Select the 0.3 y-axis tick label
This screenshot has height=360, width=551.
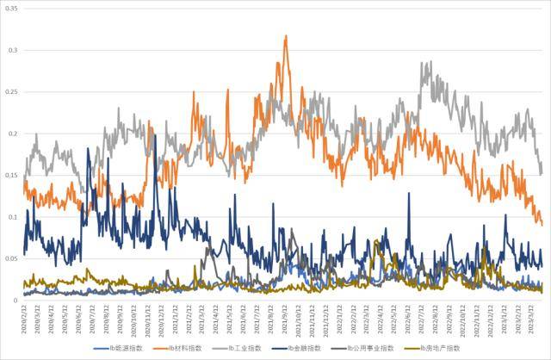(12, 50)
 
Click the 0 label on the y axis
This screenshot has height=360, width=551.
(16, 301)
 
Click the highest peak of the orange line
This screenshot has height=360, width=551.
(286, 36)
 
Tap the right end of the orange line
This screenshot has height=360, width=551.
(542, 224)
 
